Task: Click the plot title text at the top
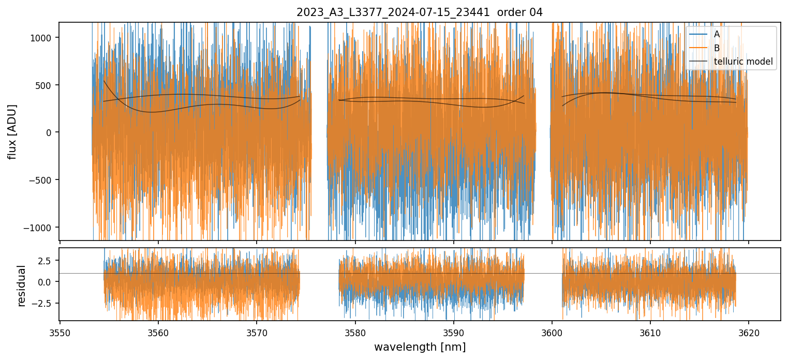[x=419, y=12]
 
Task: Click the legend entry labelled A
[x=717, y=34]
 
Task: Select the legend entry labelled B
[x=717, y=48]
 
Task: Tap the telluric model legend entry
[x=743, y=62]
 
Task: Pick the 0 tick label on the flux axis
[x=50, y=132]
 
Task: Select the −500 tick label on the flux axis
[x=43, y=180]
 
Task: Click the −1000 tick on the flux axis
[x=41, y=228]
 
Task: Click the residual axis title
[x=21, y=286]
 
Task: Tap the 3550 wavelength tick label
[x=60, y=332]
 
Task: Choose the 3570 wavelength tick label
[x=257, y=332]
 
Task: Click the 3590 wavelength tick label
[x=453, y=332]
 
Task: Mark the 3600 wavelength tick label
[x=552, y=332]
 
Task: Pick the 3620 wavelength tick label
[x=748, y=332]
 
